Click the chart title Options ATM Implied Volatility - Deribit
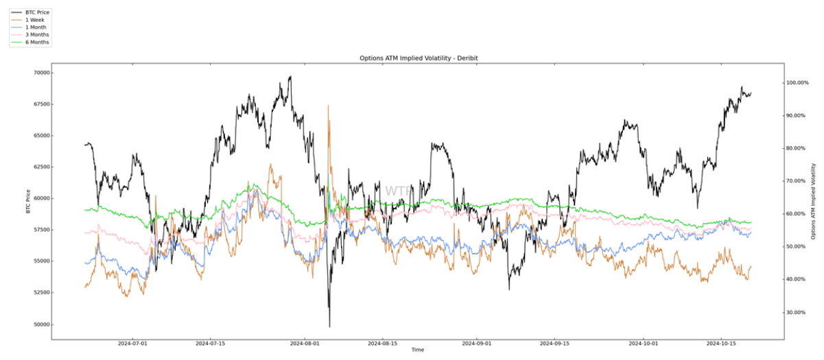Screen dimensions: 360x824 (x=419, y=58)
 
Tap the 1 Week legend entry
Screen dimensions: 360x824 (x=35, y=20)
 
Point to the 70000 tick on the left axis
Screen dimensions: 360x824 (x=40, y=73)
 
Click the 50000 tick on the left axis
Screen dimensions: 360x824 (x=40, y=324)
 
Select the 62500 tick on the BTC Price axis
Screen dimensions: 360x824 (x=40, y=167)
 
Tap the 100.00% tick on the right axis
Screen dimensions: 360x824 (x=798, y=83)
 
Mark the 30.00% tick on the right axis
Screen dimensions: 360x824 (x=797, y=313)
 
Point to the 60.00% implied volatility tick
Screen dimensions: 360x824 (x=797, y=214)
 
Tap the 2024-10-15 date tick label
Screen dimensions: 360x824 (x=722, y=343)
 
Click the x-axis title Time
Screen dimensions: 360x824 (x=418, y=350)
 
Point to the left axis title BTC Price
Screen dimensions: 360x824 (x=27, y=201)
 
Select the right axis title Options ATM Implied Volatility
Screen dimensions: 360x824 (x=814, y=201)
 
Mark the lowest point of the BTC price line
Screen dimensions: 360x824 (x=330, y=326)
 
